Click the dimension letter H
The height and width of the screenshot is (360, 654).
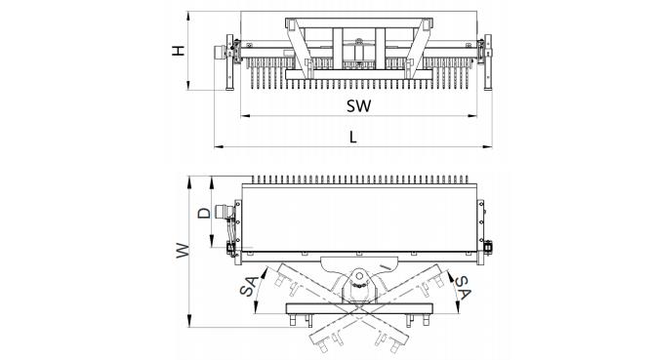point(179,51)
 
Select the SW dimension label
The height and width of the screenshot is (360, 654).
point(358,105)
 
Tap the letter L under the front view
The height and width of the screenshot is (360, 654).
point(353,137)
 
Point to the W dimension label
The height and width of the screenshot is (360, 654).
point(183,251)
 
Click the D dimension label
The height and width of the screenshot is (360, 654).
point(204,214)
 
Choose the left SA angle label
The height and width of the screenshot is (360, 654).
point(250,286)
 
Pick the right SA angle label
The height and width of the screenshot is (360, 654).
point(463,287)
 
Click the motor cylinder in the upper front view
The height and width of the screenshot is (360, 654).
point(220,52)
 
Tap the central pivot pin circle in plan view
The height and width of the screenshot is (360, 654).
point(358,276)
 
